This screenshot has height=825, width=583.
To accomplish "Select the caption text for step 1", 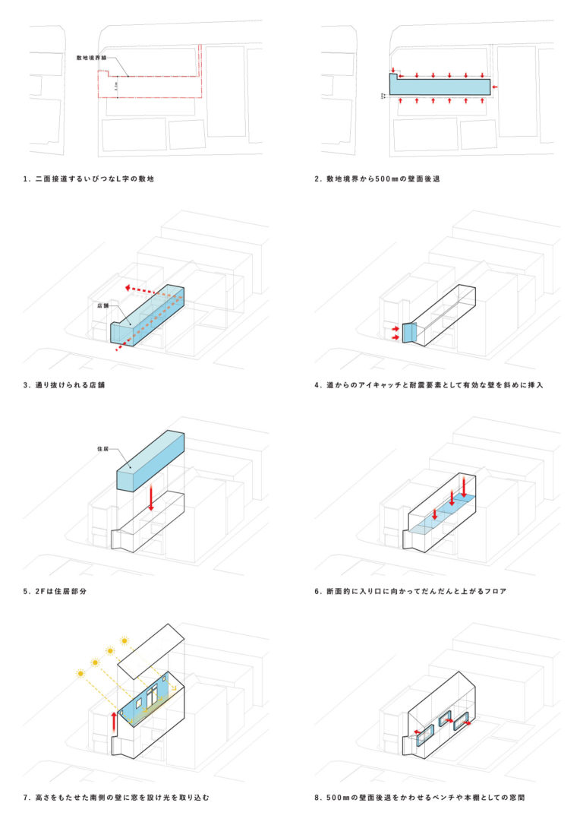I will pos(94,179).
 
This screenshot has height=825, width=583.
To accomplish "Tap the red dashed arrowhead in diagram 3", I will pos(129,289).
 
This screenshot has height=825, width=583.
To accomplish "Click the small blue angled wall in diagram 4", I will pos(407,333).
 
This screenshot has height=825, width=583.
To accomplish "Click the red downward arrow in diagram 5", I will pos(151,498).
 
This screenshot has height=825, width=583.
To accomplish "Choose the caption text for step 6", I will pos(411,590).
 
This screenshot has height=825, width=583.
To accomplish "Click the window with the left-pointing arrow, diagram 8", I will pos(423,732).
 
